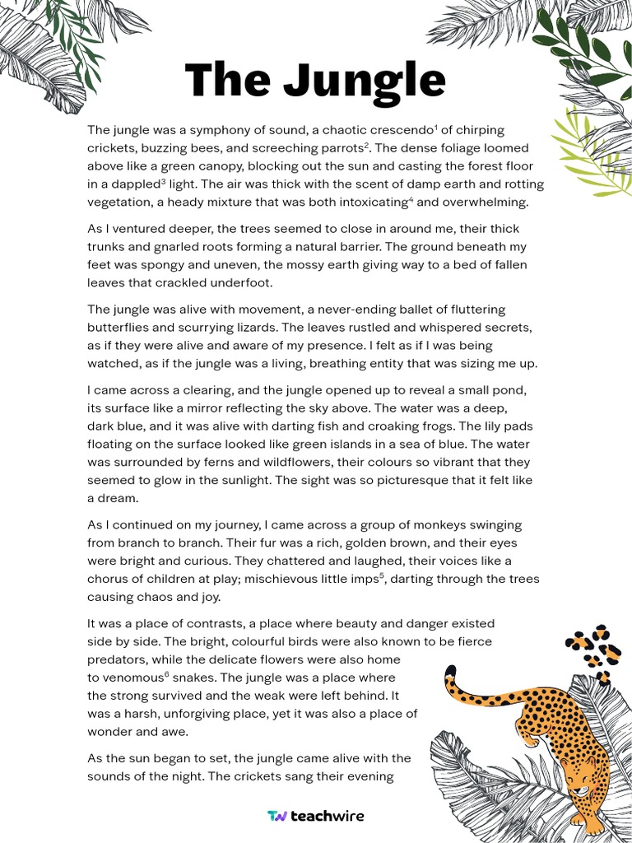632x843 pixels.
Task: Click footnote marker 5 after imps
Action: pyautogui.click(x=382, y=575)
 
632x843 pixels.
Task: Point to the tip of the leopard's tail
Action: pyautogui.click(x=449, y=670)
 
